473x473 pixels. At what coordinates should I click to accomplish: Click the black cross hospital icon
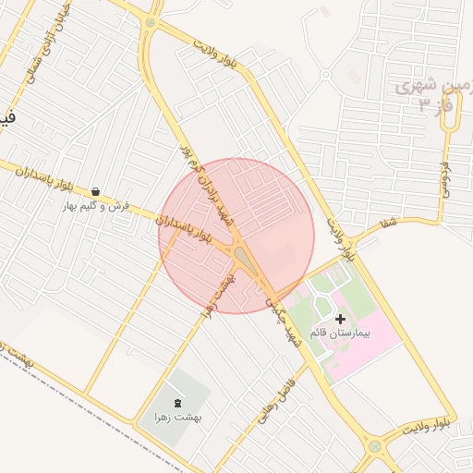pos(340,318)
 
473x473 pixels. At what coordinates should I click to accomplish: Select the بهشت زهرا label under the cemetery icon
pos(178,418)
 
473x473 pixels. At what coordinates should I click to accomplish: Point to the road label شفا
pos(387,222)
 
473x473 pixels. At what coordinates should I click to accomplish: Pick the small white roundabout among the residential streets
pos(325,74)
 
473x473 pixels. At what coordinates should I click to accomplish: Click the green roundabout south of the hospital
pos(375,446)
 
